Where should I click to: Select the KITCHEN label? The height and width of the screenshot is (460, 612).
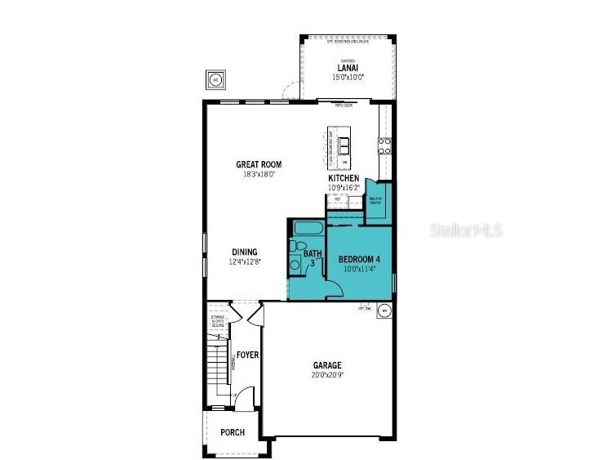coord(344,178)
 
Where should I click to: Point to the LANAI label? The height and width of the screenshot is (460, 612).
coord(348,68)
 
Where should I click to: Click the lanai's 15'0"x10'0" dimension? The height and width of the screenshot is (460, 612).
coord(348,77)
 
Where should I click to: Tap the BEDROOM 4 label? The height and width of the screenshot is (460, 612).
coord(360,260)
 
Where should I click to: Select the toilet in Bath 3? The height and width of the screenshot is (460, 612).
coord(299,247)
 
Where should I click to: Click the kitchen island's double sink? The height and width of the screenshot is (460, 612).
coord(344,146)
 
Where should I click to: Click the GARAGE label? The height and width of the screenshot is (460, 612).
coord(327,365)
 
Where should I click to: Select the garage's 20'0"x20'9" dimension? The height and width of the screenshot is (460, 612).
coord(327,375)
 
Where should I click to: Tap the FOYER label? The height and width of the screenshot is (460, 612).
coord(248,355)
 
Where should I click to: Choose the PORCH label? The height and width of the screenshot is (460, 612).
coord(233,432)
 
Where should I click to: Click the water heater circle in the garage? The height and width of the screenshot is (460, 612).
coord(384,310)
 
